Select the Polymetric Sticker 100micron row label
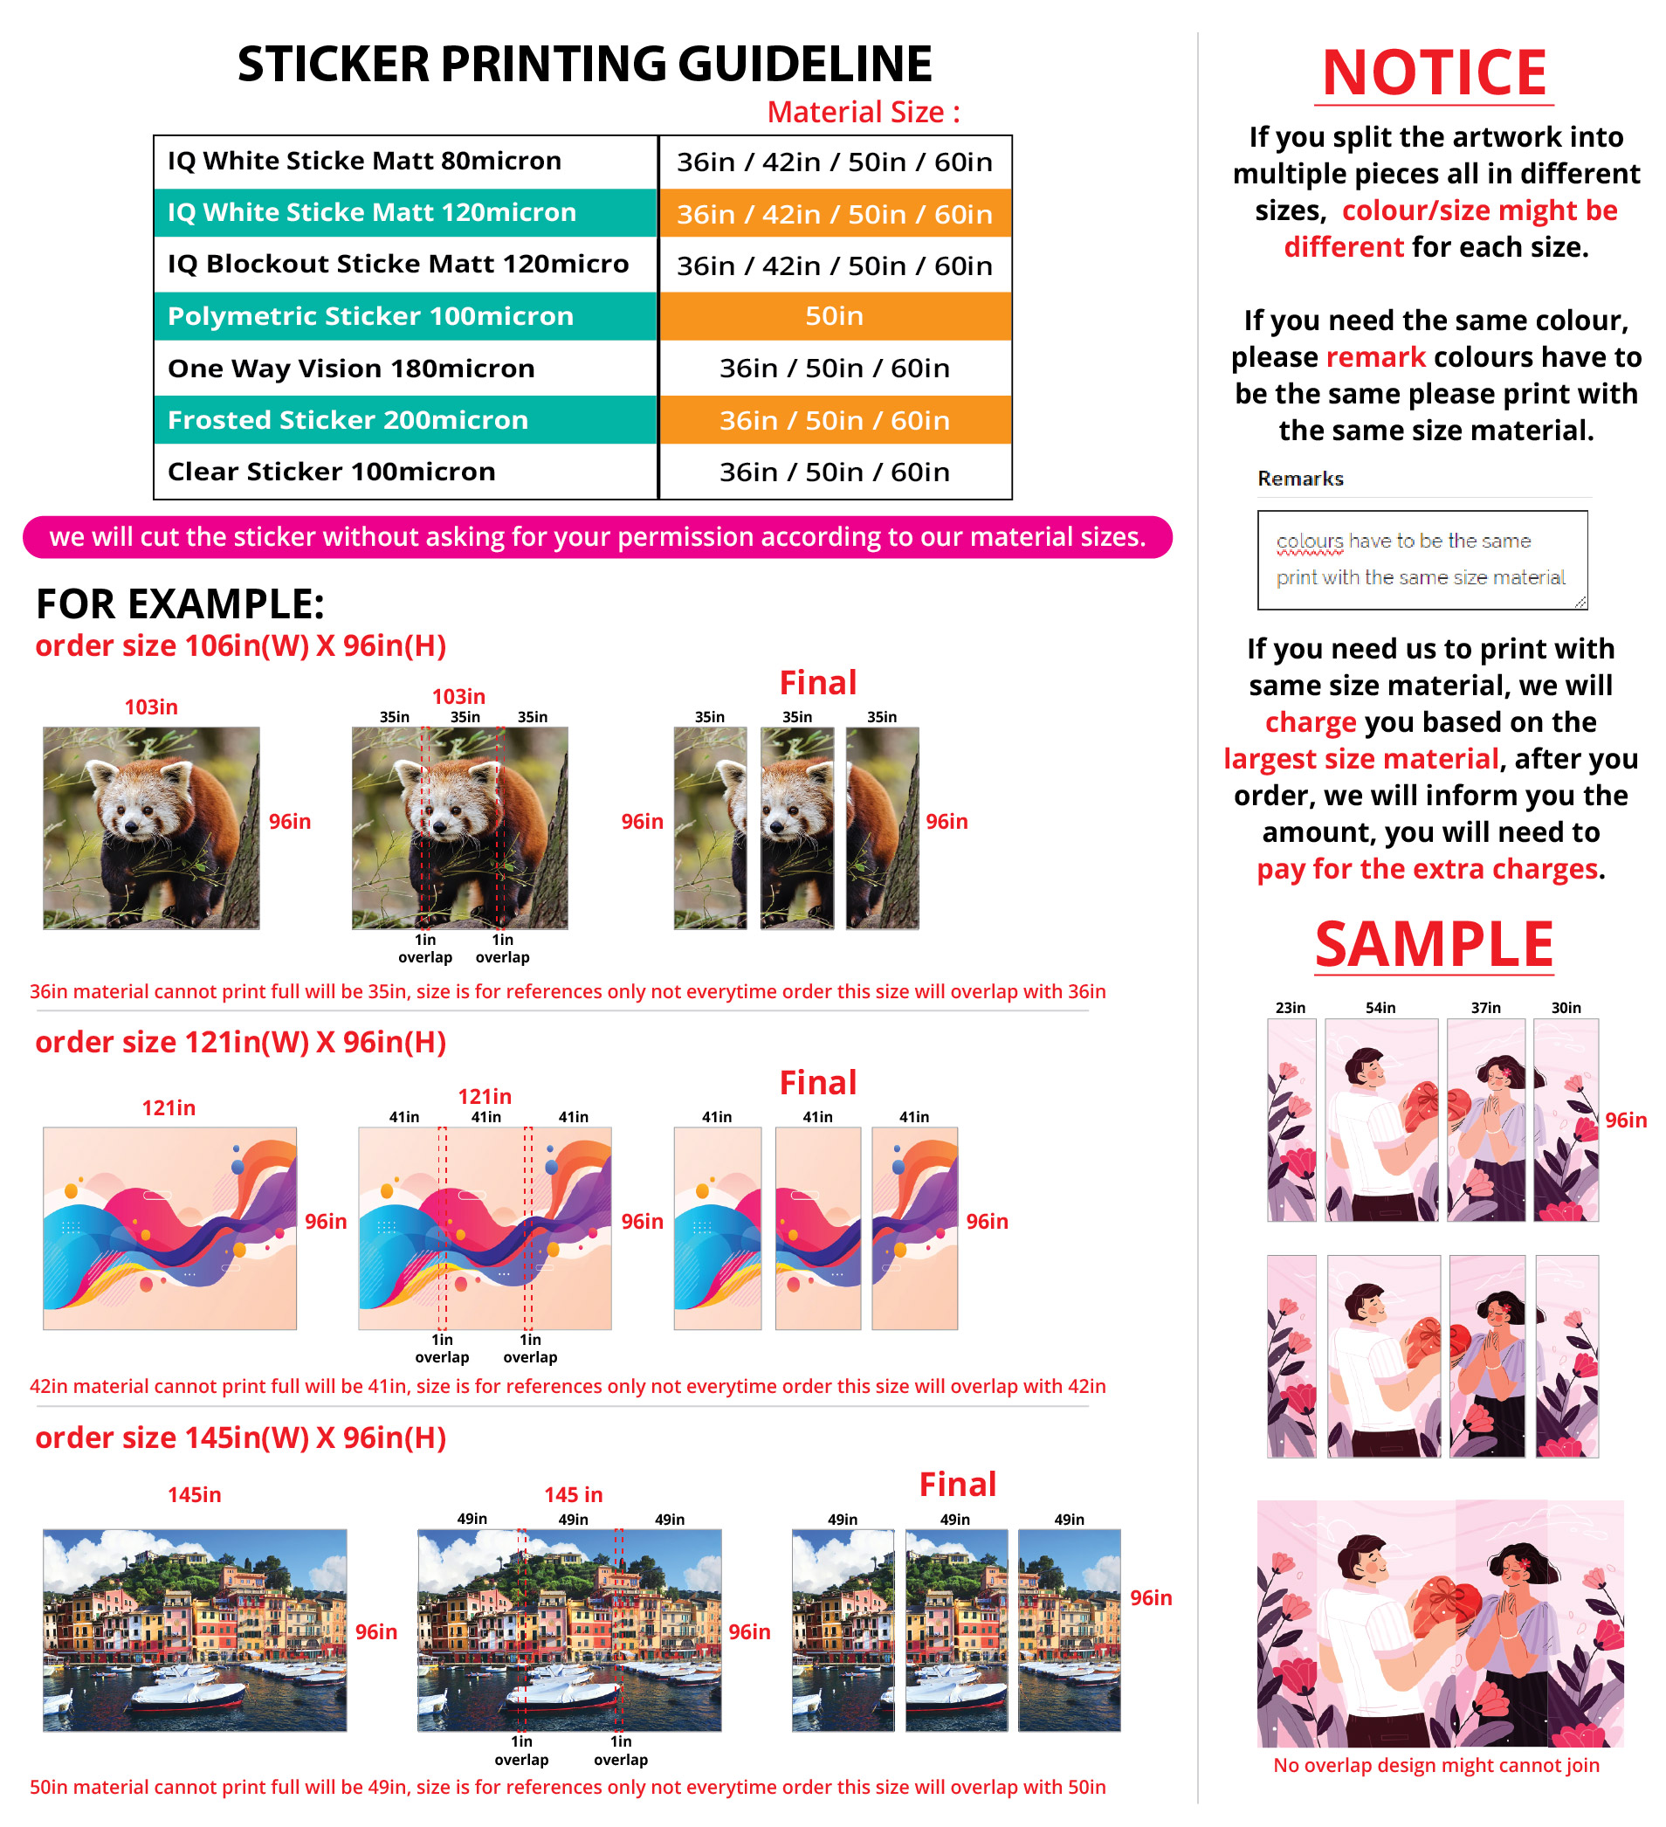pyautogui.click(x=369, y=316)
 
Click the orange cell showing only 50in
pyautogui.click(x=834, y=316)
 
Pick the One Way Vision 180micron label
pyautogui.click(x=351, y=369)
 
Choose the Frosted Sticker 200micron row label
pyautogui.click(x=347, y=420)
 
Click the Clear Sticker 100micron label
pyautogui.click(x=331, y=472)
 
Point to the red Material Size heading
pyautogui.click(x=863, y=113)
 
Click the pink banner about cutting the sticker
pyautogui.click(x=597, y=537)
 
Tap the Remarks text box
pyautogui.click(x=1422, y=560)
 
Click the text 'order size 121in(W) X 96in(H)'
pyautogui.click(x=240, y=1042)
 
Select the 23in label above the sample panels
pyautogui.click(x=1290, y=1008)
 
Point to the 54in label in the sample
pyautogui.click(x=1380, y=1008)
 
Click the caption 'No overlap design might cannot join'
pyautogui.click(x=1435, y=1765)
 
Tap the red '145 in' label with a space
pyautogui.click(x=573, y=1495)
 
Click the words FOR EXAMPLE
pyautogui.click(x=179, y=604)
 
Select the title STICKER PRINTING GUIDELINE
pyautogui.click(x=584, y=65)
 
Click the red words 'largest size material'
pyautogui.click(x=1360, y=759)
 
